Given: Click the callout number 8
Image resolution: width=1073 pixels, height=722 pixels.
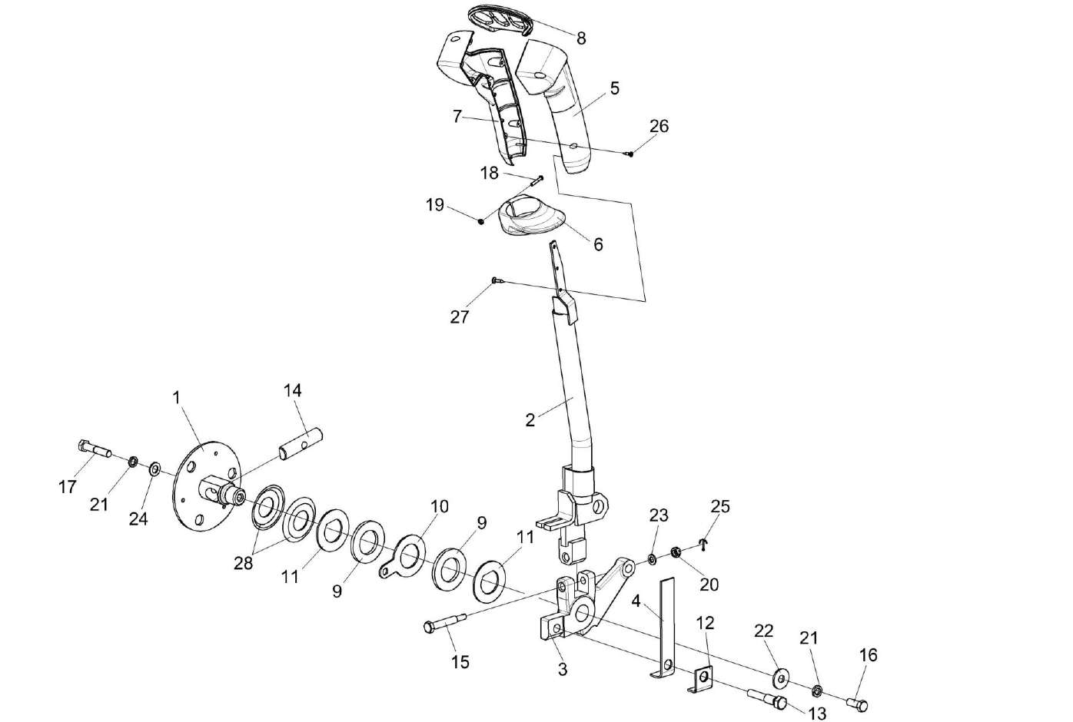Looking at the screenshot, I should point(581,38).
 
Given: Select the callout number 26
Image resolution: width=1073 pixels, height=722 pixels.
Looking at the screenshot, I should point(659,126).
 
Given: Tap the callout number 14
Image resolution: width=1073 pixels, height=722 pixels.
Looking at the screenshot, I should point(292,390).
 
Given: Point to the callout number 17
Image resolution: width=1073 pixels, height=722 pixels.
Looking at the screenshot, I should point(68,486).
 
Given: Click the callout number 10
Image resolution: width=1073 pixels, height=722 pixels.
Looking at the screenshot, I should point(438,507).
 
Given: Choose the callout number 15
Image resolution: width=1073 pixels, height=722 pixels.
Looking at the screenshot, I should point(460,661).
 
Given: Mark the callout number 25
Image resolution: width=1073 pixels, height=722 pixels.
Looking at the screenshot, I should point(720,507).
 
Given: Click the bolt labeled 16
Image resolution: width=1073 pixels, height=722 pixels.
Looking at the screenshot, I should point(858,703).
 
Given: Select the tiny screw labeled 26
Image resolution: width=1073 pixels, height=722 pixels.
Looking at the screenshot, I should point(630,154).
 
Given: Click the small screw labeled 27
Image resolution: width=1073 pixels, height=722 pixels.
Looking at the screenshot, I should point(497,281).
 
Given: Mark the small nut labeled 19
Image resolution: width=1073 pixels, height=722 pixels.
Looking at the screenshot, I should point(481,222).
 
